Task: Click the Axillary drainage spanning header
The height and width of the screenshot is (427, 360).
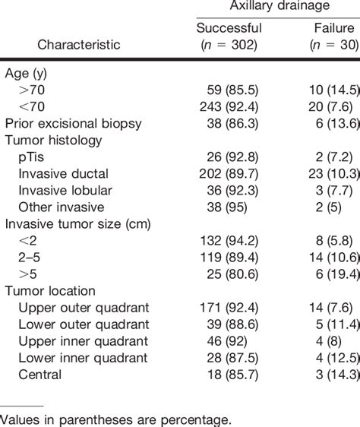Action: point(276,8)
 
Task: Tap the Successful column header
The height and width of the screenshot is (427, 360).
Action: point(229,29)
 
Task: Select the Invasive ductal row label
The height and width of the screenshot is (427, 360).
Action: point(63,173)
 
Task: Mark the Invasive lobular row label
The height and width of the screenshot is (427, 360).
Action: point(65,190)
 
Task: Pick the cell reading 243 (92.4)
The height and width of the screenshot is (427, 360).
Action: point(229,106)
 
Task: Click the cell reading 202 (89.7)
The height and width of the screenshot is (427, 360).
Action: point(229,173)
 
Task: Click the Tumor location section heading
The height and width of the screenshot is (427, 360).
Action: point(50,290)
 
